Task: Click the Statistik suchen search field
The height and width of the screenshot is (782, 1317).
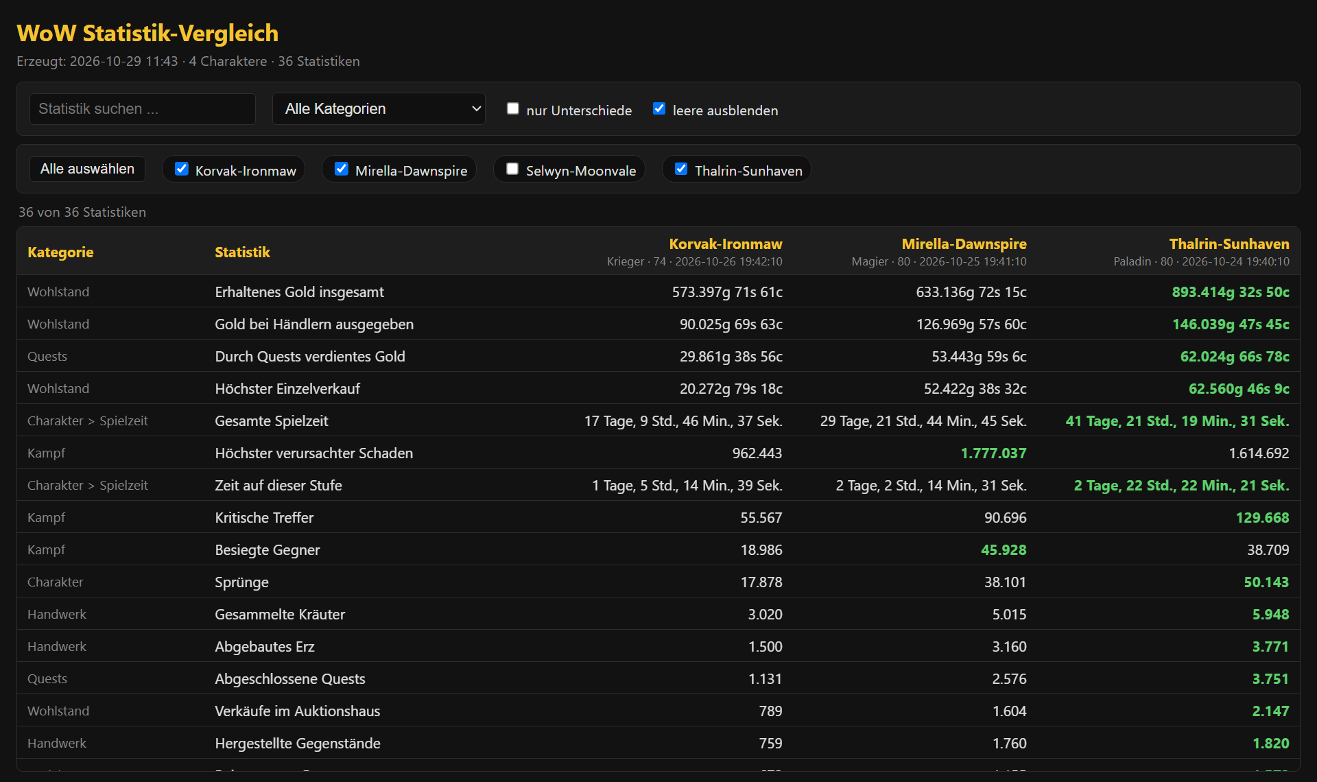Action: (x=143, y=109)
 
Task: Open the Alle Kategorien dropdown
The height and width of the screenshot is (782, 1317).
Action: (x=379, y=109)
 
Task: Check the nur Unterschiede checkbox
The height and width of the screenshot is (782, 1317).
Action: (x=512, y=108)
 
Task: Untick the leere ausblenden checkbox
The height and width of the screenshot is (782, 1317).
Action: (x=659, y=108)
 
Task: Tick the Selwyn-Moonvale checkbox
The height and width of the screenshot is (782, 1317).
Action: (x=512, y=169)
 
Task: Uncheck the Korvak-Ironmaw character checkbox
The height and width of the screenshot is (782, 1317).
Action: (x=182, y=169)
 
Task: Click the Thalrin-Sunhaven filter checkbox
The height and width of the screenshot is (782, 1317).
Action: (x=681, y=169)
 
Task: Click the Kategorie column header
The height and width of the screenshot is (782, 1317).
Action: (x=60, y=252)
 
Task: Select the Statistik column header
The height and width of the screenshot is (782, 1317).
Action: (x=243, y=252)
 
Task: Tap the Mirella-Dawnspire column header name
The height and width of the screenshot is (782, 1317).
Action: (x=964, y=244)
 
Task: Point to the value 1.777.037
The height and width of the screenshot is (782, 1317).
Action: (x=993, y=453)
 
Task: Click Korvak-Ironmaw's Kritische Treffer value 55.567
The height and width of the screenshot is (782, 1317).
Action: (x=761, y=518)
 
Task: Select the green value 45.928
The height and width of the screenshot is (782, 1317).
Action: (x=1004, y=550)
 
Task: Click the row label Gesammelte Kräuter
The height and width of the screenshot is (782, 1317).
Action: (x=280, y=615)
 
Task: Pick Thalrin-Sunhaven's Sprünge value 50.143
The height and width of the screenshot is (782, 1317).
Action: (x=1266, y=582)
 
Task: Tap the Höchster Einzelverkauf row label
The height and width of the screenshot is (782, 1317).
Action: (x=287, y=389)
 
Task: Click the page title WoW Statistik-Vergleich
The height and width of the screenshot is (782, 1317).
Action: (x=147, y=33)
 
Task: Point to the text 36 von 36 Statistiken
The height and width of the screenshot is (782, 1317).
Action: (x=82, y=213)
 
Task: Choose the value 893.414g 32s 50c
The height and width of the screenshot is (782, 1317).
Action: (x=1231, y=292)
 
